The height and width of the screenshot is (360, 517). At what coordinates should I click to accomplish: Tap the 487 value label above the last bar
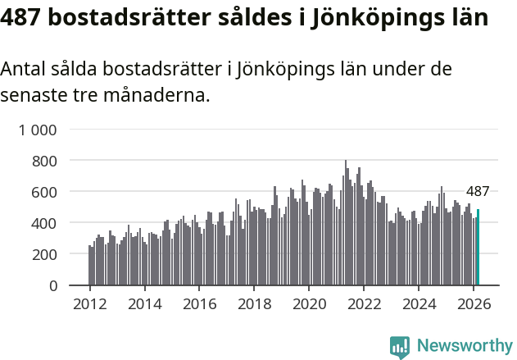tap(478, 192)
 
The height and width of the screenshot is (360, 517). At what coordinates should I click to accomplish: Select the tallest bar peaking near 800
tap(346, 223)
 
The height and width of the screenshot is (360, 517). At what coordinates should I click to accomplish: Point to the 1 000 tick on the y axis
tap(39, 130)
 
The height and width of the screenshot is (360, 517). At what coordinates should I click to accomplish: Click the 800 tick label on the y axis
tap(45, 161)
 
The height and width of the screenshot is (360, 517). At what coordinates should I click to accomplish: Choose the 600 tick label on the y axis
tap(45, 192)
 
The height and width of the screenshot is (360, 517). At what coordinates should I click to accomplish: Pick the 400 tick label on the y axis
tap(45, 223)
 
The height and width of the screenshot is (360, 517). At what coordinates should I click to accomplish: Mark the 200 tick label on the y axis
tap(45, 254)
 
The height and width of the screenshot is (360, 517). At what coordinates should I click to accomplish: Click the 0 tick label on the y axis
tap(53, 285)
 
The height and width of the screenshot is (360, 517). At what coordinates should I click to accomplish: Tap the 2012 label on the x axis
tap(89, 303)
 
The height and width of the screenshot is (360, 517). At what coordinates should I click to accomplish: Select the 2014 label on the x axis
tap(144, 303)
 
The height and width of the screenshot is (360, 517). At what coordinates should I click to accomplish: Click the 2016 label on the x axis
tap(199, 303)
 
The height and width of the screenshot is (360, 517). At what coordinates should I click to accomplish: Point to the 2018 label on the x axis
tap(254, 303)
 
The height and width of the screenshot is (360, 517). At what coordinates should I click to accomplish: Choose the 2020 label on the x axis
tap(310, 303)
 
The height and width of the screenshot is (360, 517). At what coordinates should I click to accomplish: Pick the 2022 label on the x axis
tap(365, 303)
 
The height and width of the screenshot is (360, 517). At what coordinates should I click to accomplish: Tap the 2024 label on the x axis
tap(419, 303)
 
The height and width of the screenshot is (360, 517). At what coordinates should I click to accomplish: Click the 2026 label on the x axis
tap(474, 303)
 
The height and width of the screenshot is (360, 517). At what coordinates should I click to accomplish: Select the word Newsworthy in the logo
tap(465, 346)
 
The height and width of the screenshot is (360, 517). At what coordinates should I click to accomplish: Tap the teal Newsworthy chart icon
tap(400, 347)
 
